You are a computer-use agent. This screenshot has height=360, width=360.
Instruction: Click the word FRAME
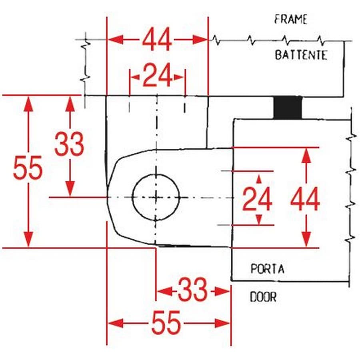291,19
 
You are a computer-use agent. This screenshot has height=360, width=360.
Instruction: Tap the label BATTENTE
301,55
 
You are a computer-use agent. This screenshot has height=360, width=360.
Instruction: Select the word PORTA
268,268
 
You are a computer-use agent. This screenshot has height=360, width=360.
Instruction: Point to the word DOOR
263,297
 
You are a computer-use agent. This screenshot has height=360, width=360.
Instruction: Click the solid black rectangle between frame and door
287,108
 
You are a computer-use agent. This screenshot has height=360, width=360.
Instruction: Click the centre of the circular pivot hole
156,197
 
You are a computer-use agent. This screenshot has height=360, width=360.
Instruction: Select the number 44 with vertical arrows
305,200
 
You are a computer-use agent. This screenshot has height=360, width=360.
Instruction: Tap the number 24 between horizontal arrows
157,76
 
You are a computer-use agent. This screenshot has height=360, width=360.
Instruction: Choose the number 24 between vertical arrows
258,199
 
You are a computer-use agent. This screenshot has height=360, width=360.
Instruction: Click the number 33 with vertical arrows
69,144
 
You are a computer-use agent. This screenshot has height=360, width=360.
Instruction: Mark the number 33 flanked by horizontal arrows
193,290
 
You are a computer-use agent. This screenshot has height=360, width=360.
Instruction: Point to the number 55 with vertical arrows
28,168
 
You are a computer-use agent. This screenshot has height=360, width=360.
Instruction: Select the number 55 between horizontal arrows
166,322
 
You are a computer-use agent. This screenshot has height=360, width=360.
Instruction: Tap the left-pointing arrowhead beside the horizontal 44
115,40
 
